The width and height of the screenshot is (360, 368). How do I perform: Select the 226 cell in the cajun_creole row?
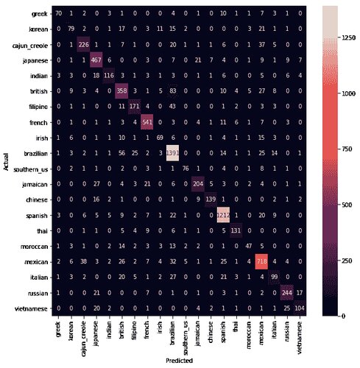point(83,44)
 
